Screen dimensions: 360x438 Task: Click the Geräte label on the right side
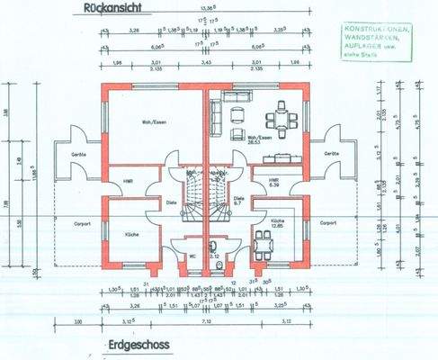click(332, 154)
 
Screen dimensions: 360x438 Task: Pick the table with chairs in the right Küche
click(264, 241)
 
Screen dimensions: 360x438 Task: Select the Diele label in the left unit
click(171, 203)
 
